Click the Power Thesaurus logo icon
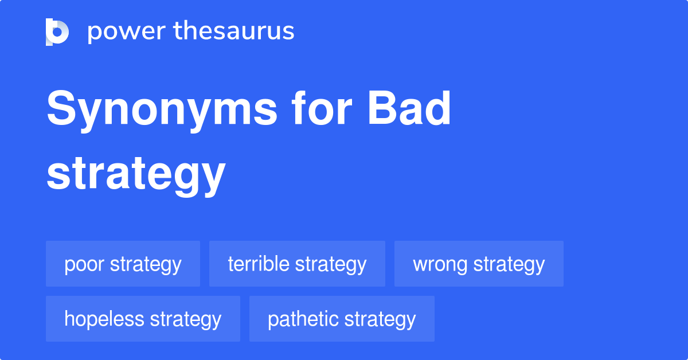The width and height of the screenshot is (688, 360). [57, 32]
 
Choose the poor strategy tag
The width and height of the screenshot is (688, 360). [123, 264]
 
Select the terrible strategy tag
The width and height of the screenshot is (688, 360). [297, 264]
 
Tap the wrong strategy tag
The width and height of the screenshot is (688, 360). [479, 264]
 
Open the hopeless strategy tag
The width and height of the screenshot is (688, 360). [143, 319]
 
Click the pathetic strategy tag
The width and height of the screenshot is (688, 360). [342, 319]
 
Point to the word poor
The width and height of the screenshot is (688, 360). [84, 265]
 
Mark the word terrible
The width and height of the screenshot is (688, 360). [259, 264]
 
